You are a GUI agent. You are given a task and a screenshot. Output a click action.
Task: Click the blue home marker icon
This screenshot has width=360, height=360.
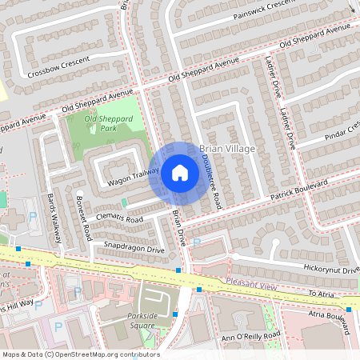pos(180,173)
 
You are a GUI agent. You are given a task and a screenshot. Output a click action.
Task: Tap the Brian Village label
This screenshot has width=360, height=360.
pos(227,150)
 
